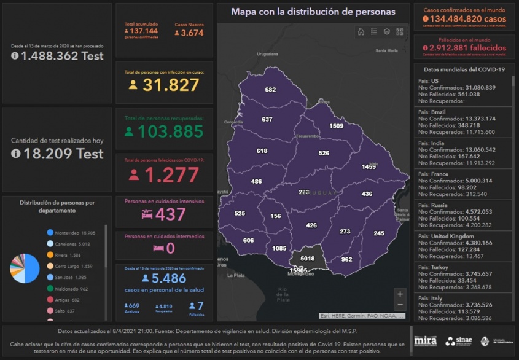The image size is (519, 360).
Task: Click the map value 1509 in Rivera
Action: click(x=336, y=126)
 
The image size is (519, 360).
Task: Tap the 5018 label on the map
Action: click(x=307, y=259)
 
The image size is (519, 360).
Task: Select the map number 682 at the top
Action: click(x=270, y=90)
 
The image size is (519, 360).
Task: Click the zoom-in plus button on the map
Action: click(x=400, y=294)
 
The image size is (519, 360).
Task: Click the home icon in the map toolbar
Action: click(x=361, y=32)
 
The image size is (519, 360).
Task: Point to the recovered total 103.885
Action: click(x=170, y=131)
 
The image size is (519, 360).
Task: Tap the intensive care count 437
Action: click(x=170, y=214)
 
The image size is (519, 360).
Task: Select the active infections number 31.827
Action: click(x=171, y=85)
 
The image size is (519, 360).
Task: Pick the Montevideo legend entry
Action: click(x=74, y=233)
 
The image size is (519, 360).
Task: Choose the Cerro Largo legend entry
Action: click(x=74, y=266)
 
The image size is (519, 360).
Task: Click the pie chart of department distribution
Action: click(x=25, y=268)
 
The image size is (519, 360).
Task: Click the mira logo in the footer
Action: click(x=425, y=341)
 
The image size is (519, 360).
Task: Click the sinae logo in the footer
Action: click(x=459, y=341)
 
